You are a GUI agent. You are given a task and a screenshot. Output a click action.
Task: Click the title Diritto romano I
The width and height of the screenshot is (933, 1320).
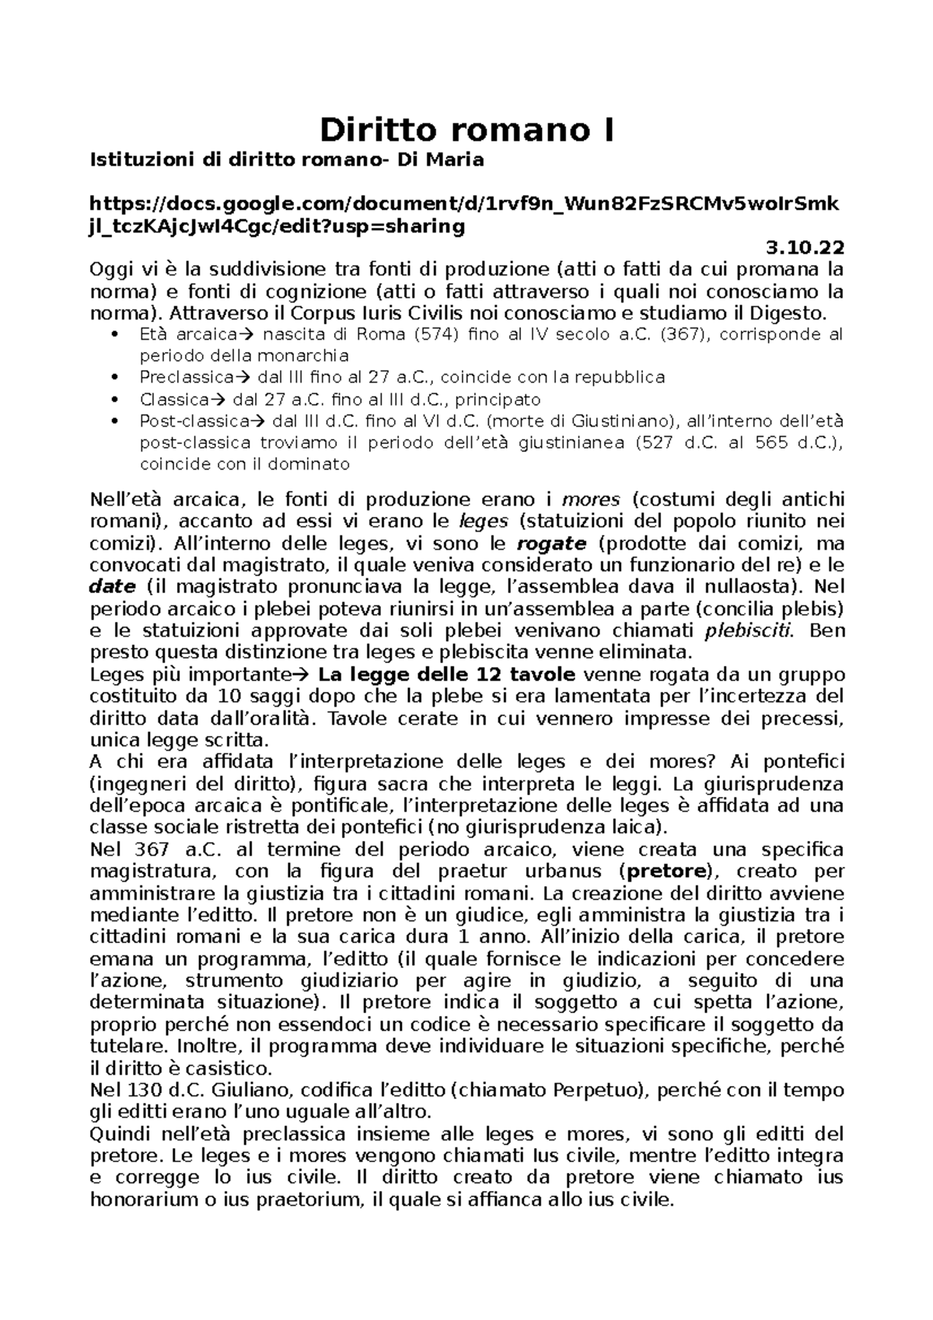[x=466, y=129]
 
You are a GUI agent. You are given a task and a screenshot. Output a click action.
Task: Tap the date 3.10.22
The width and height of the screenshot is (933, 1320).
[x=805, y=249]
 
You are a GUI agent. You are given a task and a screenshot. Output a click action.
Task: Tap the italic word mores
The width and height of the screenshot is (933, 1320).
[x=591, y=499]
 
